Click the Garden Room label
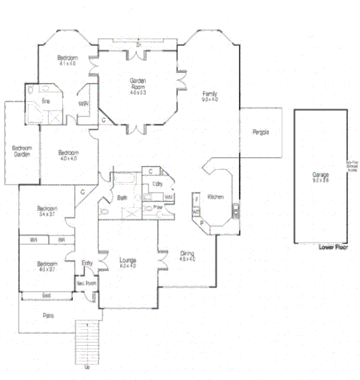[138, 84]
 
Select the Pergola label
[260, 132]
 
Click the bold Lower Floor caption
[333, 246]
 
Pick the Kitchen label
[215, 197]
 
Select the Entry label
[87, 263]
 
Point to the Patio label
[48, 316]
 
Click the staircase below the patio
[88, 341]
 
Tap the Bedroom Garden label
[22, 151]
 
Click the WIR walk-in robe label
[83, 104]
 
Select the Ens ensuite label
[46, 101]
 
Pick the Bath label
[122, 198]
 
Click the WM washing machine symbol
[169, 198]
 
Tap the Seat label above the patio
[47, 295]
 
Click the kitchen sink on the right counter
[235, 213]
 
